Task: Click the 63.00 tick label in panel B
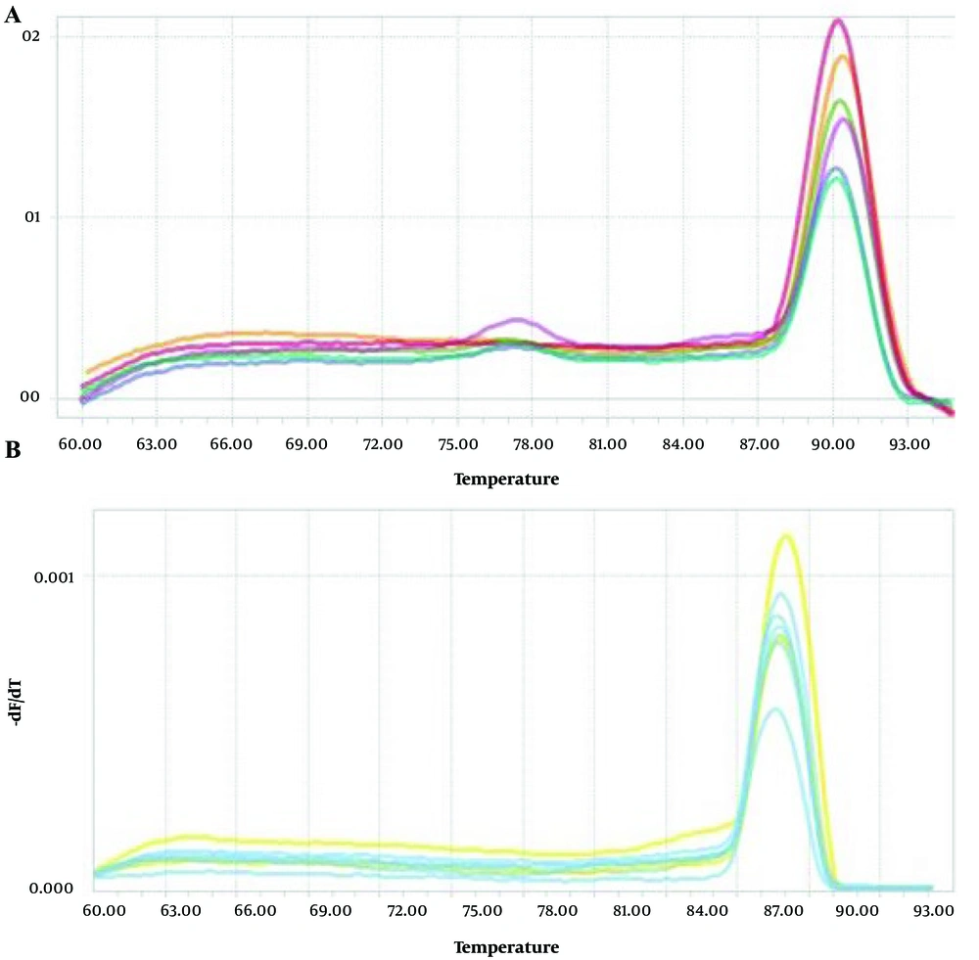click(181, 911)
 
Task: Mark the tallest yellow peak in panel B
click(785, 535)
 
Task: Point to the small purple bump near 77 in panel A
click(518, 320)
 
